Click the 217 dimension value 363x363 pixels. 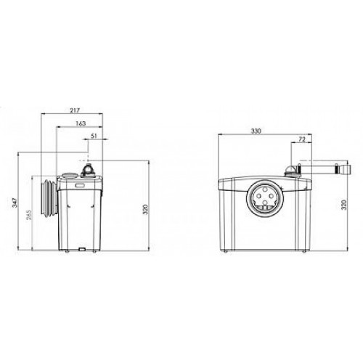[x=75, y=110]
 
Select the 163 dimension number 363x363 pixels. [x=81, y=123]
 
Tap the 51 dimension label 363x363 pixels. [x=94, y=136]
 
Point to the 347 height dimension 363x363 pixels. [x=15, y=203]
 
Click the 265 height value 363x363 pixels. [x=29, y=215]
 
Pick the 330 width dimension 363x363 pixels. [x=256, y=131]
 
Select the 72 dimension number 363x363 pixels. [x=302, y=139]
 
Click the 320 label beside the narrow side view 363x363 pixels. [x=145, y=210]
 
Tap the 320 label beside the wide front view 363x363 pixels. [x=344, y=205]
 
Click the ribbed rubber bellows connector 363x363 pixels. [x=49, y=197]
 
